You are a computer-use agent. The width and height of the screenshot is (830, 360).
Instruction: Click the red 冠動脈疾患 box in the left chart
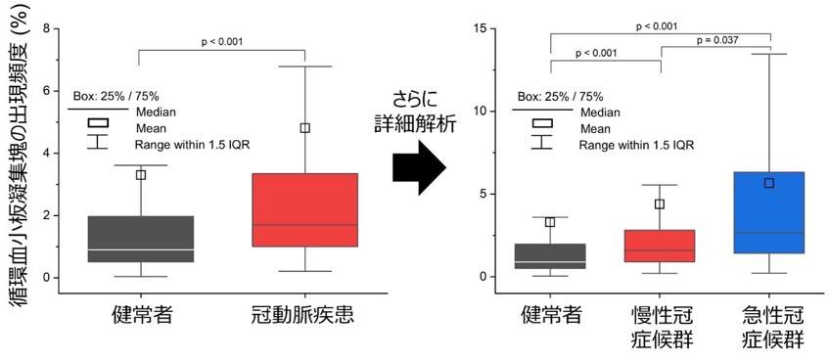[x=305, y=209]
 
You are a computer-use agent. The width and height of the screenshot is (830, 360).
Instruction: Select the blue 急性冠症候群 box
[x=769, y=212]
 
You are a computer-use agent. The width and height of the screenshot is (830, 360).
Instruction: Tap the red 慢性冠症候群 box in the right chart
[x=660, y=246]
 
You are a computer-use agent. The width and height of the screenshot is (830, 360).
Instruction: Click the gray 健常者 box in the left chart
[x=141, y=239]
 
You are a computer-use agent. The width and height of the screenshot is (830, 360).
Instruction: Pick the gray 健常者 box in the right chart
[x=550, y=256]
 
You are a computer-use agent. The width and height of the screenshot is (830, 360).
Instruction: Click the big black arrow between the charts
[x=419, y=168]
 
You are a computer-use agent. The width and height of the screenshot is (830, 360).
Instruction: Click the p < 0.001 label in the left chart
[x=222, y=42]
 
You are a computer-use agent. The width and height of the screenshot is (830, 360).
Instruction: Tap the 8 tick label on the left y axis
[x=46, y=28]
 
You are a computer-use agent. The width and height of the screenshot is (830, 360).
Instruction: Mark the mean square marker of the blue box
[x=769, y=183]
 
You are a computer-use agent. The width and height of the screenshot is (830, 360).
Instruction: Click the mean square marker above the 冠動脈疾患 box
[x=305, y=127]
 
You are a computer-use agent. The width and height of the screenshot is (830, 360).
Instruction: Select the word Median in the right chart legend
[x=600, y=112]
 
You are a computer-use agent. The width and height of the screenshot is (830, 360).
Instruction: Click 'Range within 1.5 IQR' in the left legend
[x=192, y=145]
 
